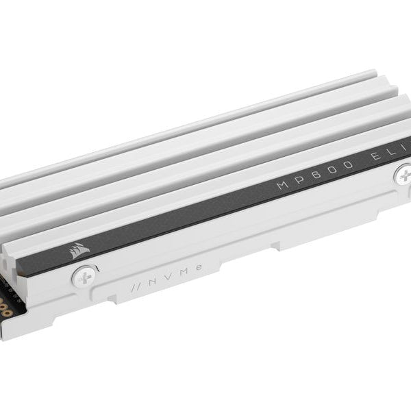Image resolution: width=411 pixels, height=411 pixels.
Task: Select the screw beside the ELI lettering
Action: tap(402, 176)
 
